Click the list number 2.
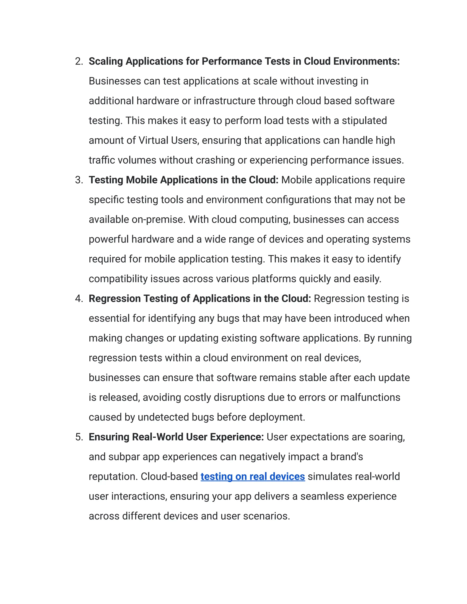79,61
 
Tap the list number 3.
79,180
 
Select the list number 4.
79,299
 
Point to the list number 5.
79,437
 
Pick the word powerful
109,239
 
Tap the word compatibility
118,279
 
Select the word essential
109,318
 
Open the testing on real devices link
253,477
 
